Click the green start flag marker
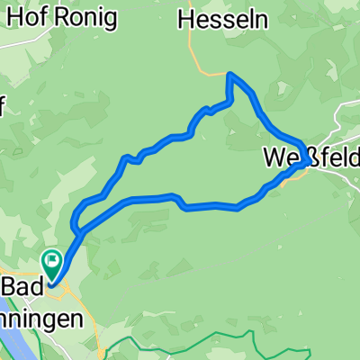52,263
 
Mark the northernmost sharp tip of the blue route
231,75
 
